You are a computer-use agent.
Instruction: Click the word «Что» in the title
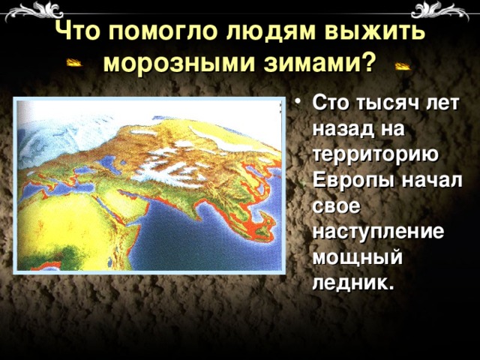tap(78, 32)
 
